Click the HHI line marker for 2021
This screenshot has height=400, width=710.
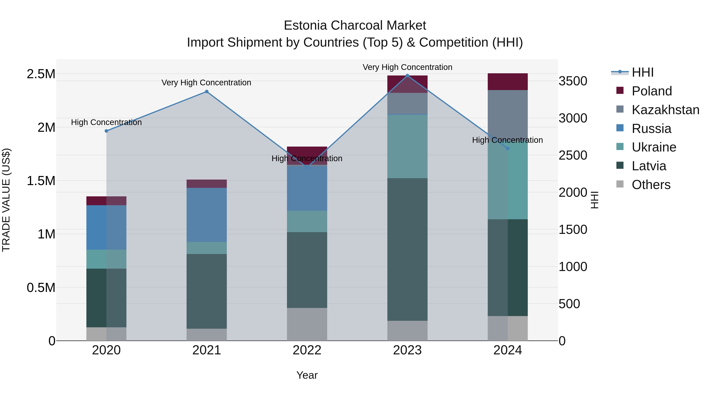[207, 92]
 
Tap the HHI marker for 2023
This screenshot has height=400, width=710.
[407, 76]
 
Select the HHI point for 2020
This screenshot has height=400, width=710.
[106, 131]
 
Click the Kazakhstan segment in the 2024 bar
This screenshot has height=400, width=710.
[508, 113]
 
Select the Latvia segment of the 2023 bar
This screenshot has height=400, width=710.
[407, 249]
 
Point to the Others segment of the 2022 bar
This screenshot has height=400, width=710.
[307, 324]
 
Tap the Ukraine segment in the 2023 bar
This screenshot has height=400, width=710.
[407, 146]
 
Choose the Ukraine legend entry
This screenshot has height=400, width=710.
[654, 147]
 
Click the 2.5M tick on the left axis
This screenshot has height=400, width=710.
[41, 74]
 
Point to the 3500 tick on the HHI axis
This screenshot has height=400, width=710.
[573, 81]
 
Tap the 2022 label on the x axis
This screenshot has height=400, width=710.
[307, 350]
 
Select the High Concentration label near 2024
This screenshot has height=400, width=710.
[507, 140]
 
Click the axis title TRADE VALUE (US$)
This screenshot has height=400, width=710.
[6, 200]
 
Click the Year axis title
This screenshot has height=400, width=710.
[307, 375]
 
